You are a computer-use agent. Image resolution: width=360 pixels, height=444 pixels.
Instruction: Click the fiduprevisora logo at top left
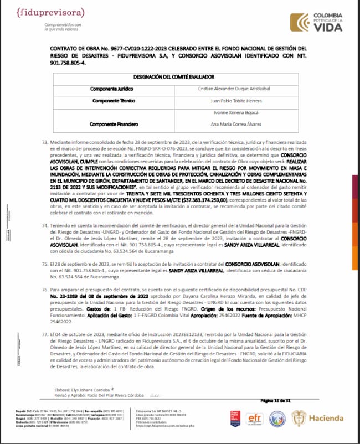pos(54,13)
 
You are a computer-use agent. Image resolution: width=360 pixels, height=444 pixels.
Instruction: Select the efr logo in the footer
pos(254,417)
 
